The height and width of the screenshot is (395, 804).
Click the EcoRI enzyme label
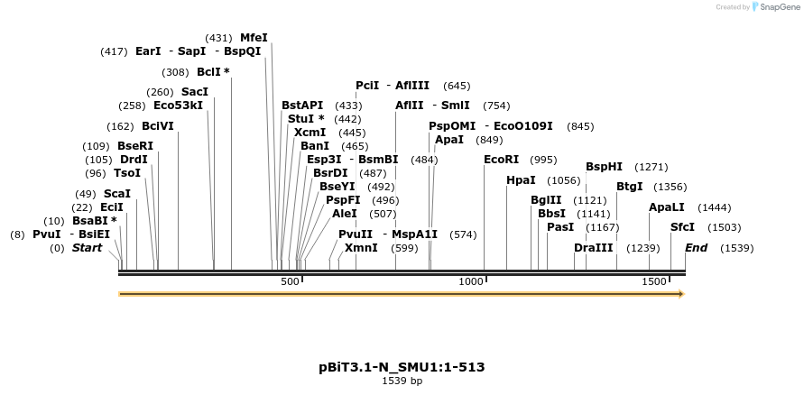(502, 160)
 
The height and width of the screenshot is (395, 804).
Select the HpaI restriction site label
(521, 180)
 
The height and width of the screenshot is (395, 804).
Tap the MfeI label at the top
(254, 38)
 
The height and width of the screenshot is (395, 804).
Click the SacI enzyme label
(195, 92)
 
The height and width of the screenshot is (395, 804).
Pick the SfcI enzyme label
(683, 227)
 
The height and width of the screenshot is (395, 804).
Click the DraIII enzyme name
(593, 248)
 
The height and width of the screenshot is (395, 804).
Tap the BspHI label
(604, 167)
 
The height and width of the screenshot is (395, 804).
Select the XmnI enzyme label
(361, 248)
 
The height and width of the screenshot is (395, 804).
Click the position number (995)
(543, 160)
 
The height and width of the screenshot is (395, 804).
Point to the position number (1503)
(724, 227)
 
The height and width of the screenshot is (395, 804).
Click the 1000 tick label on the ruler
(472, 282)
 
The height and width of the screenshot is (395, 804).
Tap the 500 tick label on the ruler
(290, 282)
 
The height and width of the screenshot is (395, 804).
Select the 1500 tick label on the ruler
(654, 282)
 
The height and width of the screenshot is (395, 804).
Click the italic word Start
(87, 248)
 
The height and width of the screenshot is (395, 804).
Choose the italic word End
(696, 248)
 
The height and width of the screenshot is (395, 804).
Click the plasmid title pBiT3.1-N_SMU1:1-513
(402, 367)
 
